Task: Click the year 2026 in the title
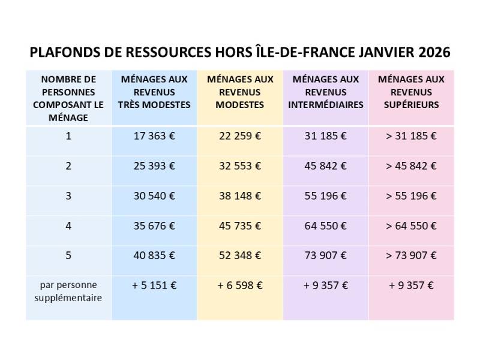(432, 52)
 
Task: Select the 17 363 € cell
(154, 136)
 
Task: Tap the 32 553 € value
(240, 166)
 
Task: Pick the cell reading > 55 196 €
(411, 196)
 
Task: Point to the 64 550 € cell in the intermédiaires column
(325, 226)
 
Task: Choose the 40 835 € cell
(154, 255)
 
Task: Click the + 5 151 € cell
(154, 285)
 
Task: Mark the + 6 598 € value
(240, 285)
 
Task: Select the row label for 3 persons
(68, 196)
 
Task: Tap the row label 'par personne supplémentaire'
(68, 291)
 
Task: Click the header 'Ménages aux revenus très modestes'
(154, 92)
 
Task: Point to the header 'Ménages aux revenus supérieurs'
(411, 92)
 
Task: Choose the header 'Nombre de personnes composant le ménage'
(68, 98)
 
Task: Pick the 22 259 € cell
(240, 136)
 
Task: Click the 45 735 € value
(240, 226)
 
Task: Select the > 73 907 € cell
(411, 255)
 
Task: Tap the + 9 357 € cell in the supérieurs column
(411, 285)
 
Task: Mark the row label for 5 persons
(68, 255)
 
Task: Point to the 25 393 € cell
(154, 166)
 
